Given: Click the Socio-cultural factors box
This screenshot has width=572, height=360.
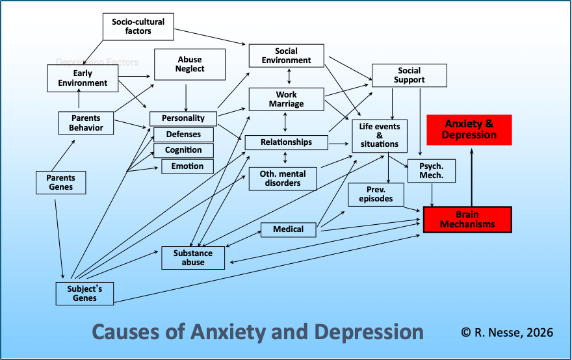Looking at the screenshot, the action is click(x=138, y=27).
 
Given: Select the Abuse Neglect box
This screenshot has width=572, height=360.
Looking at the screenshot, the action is click(x=190, y=64).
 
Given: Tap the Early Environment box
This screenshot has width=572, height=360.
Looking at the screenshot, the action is click(x=83, y=78).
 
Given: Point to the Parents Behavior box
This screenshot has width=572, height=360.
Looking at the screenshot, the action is click(x=86, y=123).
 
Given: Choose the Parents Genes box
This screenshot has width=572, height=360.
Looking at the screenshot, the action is click(x=61, y=183).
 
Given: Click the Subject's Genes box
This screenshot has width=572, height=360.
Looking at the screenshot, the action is click(x=84, y=293).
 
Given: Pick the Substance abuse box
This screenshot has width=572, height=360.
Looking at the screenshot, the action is click(x=193, y=258).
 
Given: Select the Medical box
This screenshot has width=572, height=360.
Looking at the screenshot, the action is click(x=288, y=229).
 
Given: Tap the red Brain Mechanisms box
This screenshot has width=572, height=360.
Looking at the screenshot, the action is click(x=467, y=220).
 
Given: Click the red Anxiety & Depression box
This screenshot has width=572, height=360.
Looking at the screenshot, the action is click(x=469, y=130).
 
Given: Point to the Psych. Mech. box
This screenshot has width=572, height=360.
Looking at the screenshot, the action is click(x=432, y=171).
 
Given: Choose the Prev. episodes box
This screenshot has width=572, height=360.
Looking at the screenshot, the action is click(x=376, y=194).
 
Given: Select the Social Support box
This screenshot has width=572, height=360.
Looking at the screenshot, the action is click(x=409, y=75).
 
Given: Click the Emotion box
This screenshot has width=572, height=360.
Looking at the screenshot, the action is click(x=187, y=166).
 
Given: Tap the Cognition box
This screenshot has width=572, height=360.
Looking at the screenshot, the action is click(x=183, y=150).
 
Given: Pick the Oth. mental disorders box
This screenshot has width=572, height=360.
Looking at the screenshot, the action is click(x=283, y=179).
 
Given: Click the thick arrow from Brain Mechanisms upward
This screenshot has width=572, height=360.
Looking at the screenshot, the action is click(x=472, y=177).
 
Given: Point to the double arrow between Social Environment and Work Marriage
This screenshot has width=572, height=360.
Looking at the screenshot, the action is click(x=289, y=77).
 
